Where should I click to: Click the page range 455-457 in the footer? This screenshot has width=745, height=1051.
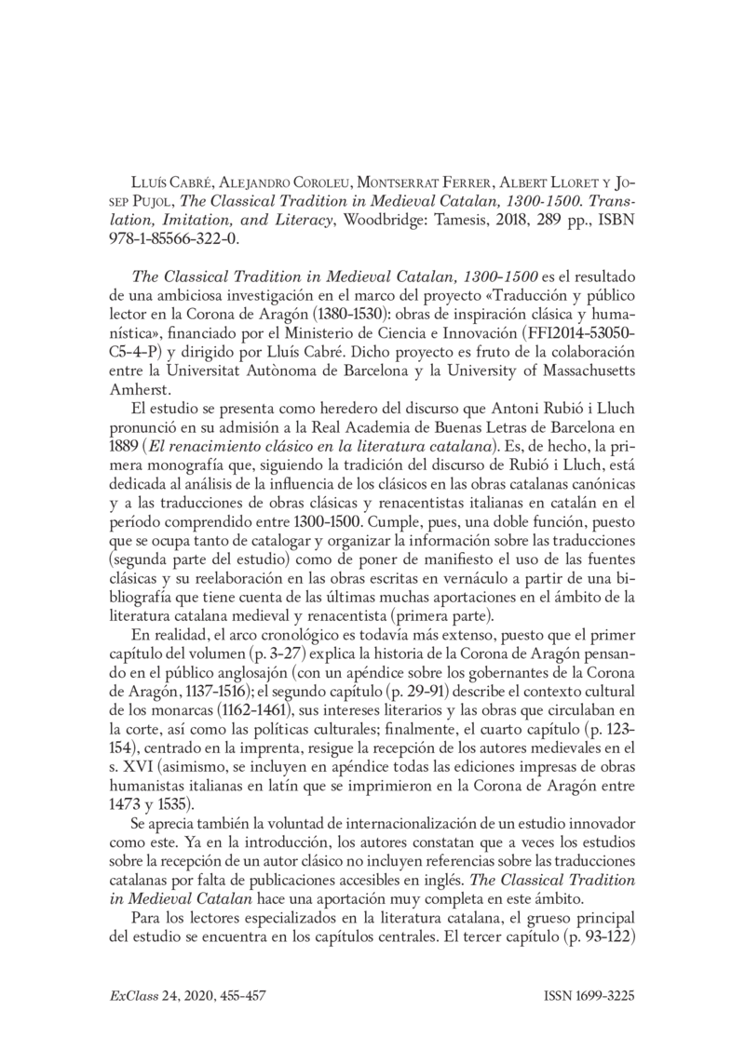(239, 996)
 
